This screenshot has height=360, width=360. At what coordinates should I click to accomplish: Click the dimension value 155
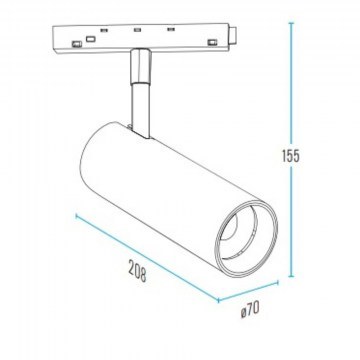pyautogui.click(x=291, y=156)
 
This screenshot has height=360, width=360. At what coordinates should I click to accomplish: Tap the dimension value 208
pyautogui.click(x=138, y=270)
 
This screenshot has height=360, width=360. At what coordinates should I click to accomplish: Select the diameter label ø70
pyautogui.click(x=250, y=310)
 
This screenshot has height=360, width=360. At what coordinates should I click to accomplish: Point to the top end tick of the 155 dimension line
pyautogui.click(x=291, y=23)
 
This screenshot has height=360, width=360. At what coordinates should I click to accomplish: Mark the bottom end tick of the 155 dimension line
pyautogui.click(x=291, y=276)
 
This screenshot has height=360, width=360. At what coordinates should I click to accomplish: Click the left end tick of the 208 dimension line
pyautogui.click(x=76, y=217)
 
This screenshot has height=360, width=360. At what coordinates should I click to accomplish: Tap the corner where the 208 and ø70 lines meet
pyautogui.click(x=218, y=300)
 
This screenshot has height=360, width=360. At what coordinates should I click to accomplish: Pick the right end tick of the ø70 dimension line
pyautogui.click(x=277, y=283)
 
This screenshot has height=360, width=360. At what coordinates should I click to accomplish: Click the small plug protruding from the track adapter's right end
pyautogui.click(x=233, y=35)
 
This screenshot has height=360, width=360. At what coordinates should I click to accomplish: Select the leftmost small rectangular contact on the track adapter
pyautogui.click(x=77, y=44)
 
